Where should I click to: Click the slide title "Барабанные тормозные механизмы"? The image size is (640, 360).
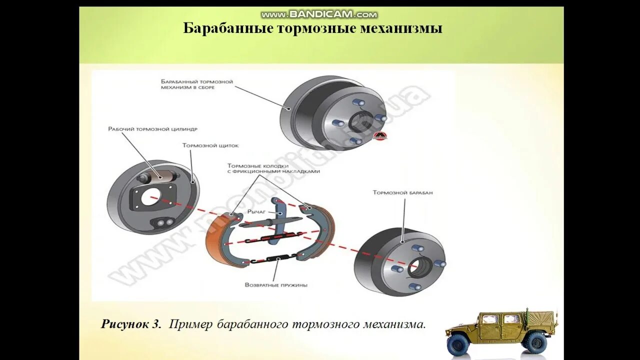click(312, 28)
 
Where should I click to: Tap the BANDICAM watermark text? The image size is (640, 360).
click(319, 14)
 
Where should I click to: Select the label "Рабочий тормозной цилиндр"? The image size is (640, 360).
click(152, 129)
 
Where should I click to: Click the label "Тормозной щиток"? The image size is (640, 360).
click(210, 145)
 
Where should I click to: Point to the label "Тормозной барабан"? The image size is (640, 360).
click(402, 192)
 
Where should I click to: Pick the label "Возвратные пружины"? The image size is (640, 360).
click(276, 285)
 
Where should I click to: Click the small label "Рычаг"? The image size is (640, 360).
click(256, 212)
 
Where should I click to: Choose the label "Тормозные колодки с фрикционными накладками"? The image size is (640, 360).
click(273, 168)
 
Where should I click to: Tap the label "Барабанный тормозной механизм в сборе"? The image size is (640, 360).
click(196, 84)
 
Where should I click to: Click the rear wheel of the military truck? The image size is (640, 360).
click(535, 343)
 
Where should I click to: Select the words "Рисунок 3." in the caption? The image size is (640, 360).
click(131, 324)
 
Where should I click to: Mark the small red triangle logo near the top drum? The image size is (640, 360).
click(383, 135)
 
